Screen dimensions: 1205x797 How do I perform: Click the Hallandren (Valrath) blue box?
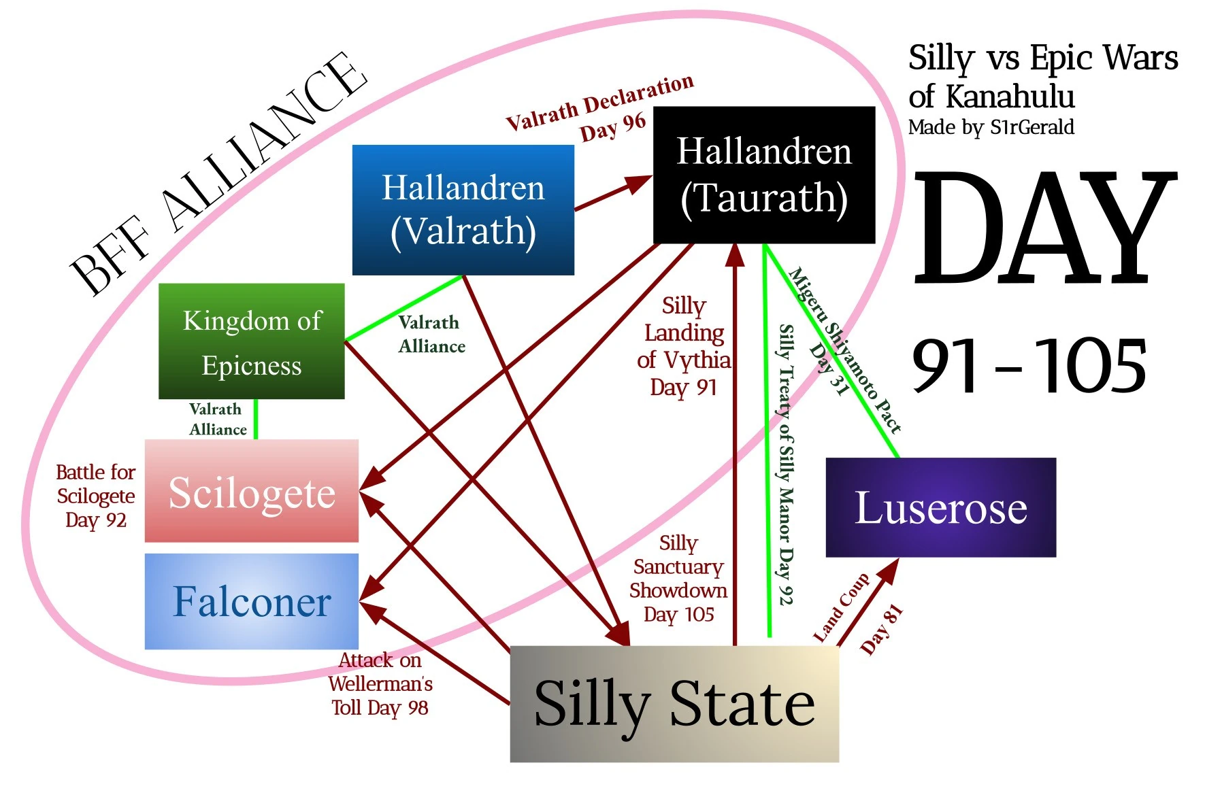(463, 209)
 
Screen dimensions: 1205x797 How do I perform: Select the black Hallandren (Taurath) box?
(763, 175)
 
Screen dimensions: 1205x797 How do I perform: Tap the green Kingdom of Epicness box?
(252, 341)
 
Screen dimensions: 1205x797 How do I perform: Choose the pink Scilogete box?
(252, 491)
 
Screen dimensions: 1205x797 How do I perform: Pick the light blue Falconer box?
(252, 601)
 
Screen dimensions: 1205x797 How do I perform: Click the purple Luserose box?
(940, 507)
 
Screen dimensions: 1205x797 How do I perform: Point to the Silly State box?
(674, 703)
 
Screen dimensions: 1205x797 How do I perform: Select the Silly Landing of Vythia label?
(684, 345)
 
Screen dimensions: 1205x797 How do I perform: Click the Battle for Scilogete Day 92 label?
(96, 496)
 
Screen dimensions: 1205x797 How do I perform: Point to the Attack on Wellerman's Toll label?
(380, 684)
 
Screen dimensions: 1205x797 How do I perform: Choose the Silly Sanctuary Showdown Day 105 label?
(678, 579)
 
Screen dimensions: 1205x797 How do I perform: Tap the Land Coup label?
(842, 607)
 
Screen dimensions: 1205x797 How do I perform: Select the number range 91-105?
(1029, 367)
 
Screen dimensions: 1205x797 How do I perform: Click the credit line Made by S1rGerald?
(991, 127)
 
